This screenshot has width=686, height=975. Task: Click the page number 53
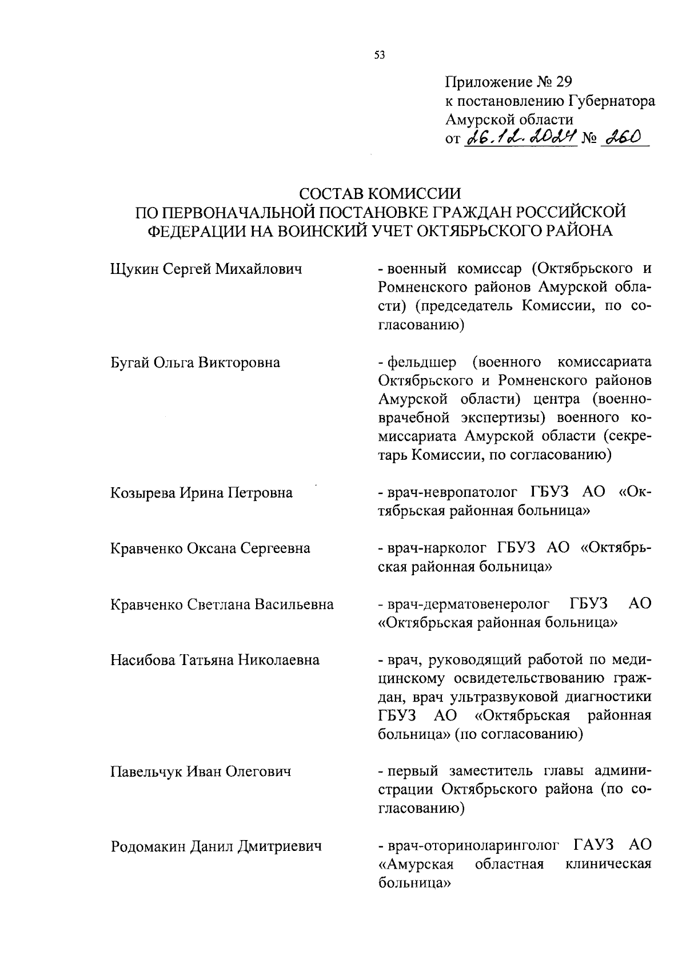coord(380,55)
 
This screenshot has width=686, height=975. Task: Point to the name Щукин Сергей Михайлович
coord(206,268)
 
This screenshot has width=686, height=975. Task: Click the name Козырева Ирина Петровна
coord(201,492)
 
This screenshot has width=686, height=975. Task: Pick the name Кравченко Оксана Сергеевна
coord(210,548)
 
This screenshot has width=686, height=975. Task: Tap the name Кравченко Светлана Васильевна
coord(222,604)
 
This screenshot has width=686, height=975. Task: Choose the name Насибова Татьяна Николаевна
coord(214,660)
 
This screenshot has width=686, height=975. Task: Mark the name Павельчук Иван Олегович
coord(201,772)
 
